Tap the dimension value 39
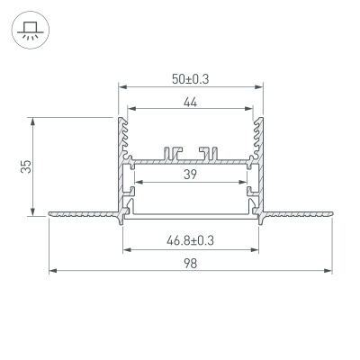tap(190, 175)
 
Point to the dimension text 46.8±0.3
tap(190, 241)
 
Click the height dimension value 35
tap(26, 166)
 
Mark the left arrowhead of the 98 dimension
tap(53, 269)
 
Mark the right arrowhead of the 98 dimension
tap(328, 269)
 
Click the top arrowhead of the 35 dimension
tap(33, 120)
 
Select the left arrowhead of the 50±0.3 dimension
tap(121, 87)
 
